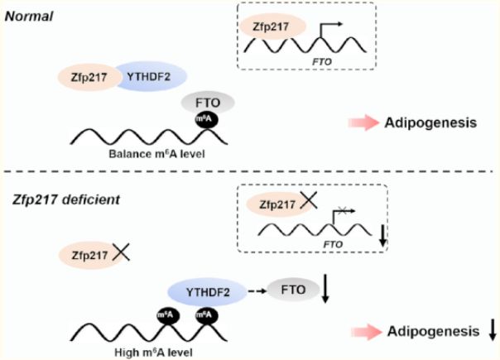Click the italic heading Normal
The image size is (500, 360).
click(x=29, y=17)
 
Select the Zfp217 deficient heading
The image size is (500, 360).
click(x=66, y=199)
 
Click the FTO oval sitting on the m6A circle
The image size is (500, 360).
click(x=208, y=103)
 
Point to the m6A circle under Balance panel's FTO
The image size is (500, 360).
click(x=207, y=119)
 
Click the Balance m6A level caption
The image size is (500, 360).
click(x=156, y=154)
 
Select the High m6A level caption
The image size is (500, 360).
click(x=153, y=353)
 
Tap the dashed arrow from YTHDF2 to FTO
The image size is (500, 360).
click(x=257, y=290)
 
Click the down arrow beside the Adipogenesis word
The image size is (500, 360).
click(x=493, y=331)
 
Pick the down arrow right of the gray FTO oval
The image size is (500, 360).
click(x=325, y=288)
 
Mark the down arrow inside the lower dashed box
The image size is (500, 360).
click(x=383, y=236)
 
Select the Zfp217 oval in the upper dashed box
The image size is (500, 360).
click(x=272, y=26)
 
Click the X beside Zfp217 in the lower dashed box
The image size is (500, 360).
click(x=309, y=201)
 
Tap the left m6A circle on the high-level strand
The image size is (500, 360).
click(x=168, y=315)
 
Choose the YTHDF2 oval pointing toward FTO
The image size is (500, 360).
click(x=208, y=292)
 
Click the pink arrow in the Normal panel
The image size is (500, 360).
click(x=363, y=122)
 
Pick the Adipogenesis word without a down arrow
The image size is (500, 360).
click(x=430, y=122)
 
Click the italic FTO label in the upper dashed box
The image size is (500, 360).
click(x=322, y=61)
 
